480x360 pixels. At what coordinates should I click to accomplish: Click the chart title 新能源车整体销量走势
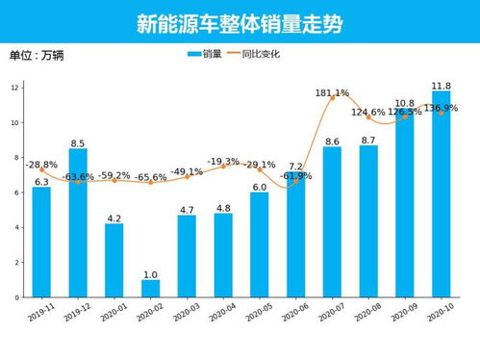coord(240,22)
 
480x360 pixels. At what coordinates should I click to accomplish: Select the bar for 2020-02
coord(150,288)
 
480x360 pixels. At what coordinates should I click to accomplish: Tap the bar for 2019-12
coord(78,222)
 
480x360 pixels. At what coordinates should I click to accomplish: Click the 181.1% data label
coord(332,92)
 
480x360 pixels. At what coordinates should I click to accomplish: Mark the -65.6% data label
coord(150,177)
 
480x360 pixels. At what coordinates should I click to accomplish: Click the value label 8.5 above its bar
coord(78,143)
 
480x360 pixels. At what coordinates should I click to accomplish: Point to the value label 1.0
coord(150,274)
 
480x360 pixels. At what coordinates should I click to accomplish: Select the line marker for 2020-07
coord(333,98)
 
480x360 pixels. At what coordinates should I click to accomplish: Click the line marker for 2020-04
coord(223,166)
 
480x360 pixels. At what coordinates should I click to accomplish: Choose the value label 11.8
coord(442,86)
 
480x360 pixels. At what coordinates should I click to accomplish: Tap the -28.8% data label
coord(41,165)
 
